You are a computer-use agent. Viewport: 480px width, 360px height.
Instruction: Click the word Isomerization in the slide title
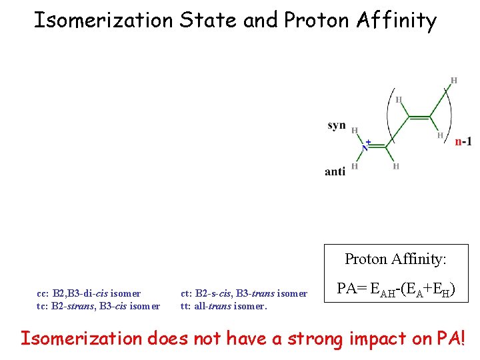(x=103, y=20)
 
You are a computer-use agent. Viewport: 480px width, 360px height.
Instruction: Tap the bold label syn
(x=337, y=125)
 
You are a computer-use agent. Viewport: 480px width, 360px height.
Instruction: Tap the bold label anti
(x=335, y=171)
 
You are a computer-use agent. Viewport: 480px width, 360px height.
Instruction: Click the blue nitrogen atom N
(x=365, y=147)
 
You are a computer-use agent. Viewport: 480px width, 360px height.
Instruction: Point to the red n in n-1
(x=458, y=141)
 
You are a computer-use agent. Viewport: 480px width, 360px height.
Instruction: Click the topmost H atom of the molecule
(x=454, y=81)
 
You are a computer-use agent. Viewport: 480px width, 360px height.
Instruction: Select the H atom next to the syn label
(x=355, y=131)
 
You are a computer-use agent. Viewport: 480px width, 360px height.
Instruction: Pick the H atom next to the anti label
(x=355, y=167)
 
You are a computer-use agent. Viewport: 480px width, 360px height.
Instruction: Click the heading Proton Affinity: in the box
(x=395, y=259)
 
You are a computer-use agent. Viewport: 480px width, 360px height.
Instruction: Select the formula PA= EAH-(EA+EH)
(x=395, y=289)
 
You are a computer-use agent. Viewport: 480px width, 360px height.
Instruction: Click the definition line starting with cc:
(x=89, y=293)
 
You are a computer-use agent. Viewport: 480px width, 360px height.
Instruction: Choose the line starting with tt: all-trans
(x=223, y=307)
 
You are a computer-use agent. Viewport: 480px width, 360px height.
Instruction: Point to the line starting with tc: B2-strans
(x=98, y=307)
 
